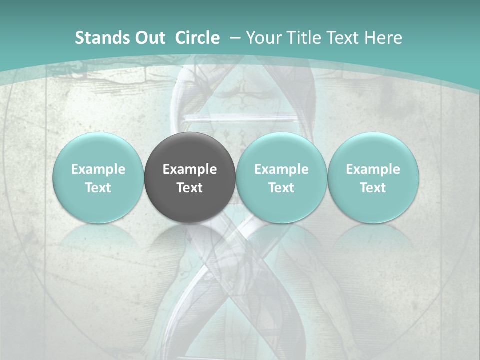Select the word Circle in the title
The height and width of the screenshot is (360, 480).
click(x=197, y=38)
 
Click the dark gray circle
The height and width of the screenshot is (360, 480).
click(x=190, y=177)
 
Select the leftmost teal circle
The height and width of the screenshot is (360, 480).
click(x=98, y=177)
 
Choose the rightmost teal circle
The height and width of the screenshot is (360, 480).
click(x=373, y=177)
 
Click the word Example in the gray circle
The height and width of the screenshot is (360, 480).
click(x=190, y=169)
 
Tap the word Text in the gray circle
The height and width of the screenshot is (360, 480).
click(x=190, y=188)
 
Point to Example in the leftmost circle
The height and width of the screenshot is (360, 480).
click(x=98, y=169)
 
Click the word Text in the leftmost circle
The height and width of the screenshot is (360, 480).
click(x=98, y=188)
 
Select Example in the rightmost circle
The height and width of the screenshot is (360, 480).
click(x=373, y=169)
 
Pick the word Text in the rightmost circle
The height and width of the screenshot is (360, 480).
click(x=373, y=188)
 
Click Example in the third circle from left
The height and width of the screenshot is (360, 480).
click(x=281, y=169)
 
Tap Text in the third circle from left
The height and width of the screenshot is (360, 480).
click(x=281, y=188)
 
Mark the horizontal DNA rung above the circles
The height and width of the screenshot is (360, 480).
click(x=240, y=118)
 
